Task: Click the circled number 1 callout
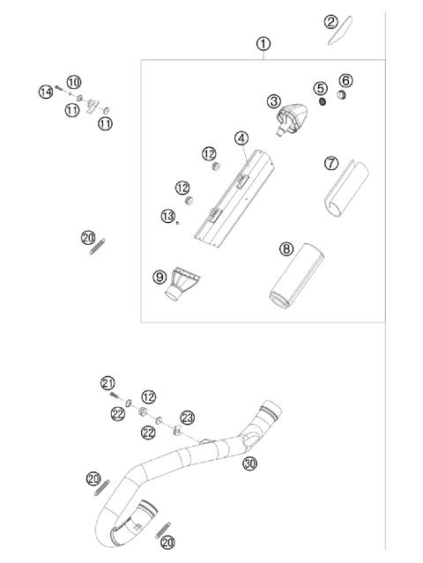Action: click(x=263, y=43)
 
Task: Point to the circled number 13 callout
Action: click(x=167, y=216)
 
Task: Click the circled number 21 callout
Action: click(x=108, y=383)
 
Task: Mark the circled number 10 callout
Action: click(x=73, y=82)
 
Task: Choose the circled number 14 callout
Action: click(x=45, y=91)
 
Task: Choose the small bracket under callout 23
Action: click(x=177, y=432)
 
